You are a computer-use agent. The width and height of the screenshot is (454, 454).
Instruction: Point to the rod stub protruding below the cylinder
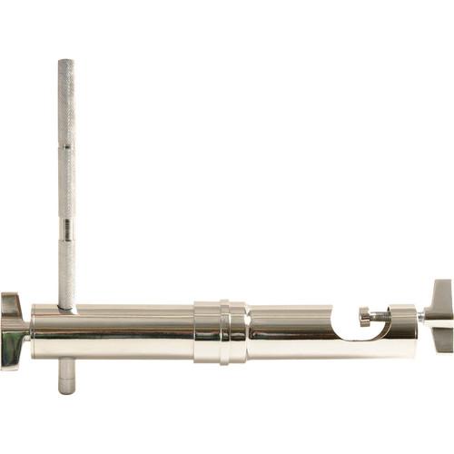tap(66, 382)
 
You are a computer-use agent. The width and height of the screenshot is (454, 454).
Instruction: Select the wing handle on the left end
tap(13, 331)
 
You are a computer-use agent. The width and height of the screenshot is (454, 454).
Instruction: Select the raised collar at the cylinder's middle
tap(220, 332)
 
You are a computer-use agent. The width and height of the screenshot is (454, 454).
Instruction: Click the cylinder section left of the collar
tap(127, 332)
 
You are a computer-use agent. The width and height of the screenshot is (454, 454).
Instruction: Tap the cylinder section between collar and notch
tap(291, 332)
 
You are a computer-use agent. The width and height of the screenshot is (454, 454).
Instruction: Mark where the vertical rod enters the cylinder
tap(66, 307)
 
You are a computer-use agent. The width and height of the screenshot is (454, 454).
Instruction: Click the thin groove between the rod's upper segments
tap(66, 148)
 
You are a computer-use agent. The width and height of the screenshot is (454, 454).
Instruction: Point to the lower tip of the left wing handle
tap(12, 363)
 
